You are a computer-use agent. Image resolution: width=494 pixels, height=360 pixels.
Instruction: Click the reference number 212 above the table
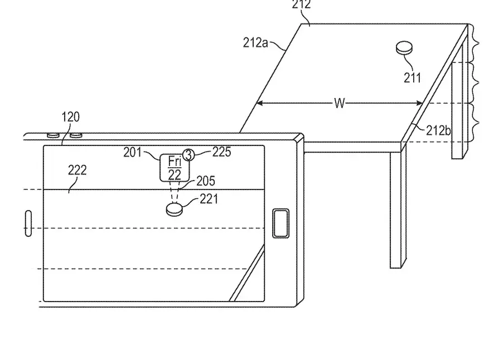coord(302,5)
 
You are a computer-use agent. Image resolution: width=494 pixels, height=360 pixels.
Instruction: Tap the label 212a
coord(255,42)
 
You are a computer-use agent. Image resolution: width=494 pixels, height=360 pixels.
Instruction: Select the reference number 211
coord(413,78)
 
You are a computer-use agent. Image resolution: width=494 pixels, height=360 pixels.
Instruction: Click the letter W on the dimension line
coord(340,104)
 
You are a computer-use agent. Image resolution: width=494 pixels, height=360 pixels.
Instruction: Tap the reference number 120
coord(70,117)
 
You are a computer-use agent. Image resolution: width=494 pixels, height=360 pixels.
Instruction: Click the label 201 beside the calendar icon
coord(133,152)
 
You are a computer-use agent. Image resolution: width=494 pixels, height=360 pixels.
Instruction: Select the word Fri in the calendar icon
coord(175,162)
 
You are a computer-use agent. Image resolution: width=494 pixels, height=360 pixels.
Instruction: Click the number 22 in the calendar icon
coord(175,174)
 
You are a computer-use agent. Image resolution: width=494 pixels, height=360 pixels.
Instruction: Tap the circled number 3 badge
coord(189,155)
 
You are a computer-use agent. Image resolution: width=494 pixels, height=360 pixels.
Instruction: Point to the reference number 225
coord(221,152)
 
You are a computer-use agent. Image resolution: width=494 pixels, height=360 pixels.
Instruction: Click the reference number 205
coord(205,181)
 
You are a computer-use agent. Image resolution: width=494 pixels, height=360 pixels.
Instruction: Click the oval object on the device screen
coord(175,210)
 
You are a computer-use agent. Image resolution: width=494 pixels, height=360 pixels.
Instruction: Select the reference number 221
coord(209,198)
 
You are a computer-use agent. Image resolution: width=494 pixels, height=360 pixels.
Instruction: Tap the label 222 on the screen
coord(77,171)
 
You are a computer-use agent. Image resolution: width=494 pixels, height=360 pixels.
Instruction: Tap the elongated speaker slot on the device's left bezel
coord(28,223)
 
